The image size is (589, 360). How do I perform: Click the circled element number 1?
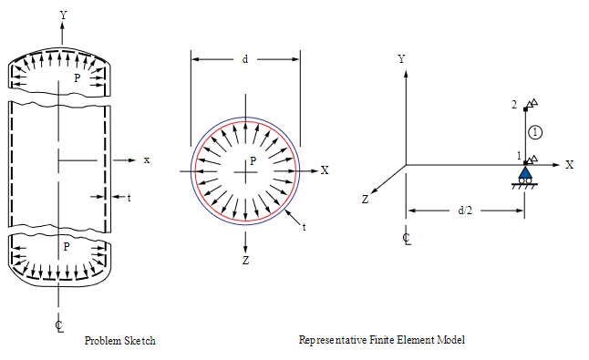(535, 132)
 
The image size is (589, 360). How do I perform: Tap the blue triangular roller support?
(525, 172)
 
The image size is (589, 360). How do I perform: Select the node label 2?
(514, 105)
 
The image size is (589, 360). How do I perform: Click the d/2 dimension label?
(465, 211)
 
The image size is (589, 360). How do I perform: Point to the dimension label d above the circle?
(245, 59)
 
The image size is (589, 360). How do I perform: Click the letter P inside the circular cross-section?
(253, 160)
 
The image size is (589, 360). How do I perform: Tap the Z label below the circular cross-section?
(245, 260)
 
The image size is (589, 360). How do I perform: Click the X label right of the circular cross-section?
(325, 170)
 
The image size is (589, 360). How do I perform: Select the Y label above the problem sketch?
(63, 15)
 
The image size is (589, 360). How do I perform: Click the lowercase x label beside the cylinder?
(147, 159)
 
